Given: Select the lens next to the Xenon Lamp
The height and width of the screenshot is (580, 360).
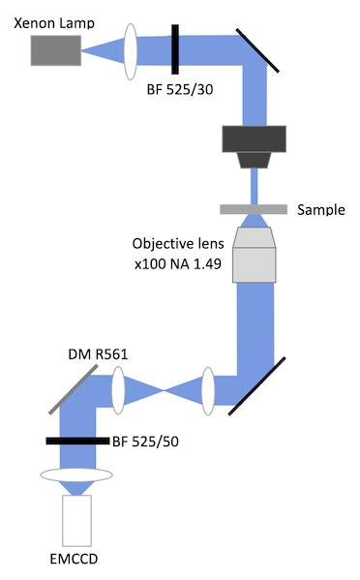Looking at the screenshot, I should coord(133,51).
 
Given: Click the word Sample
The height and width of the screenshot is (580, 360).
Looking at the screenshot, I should coord(321,210).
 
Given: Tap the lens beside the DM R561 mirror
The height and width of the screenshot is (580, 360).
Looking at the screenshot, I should coord(119,388).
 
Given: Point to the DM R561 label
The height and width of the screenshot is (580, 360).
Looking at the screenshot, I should coord(98,353).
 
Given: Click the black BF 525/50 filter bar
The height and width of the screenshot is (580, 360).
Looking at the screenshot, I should coord(77,441).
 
